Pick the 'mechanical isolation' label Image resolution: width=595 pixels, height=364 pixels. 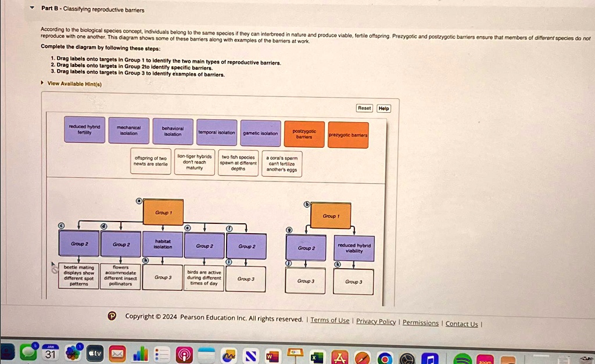pyautogui.click(x=128, y=130)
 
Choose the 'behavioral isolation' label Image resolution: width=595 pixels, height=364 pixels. pyautogui.click(x=172, y=131)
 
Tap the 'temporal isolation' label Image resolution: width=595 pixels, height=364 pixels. pyautogui.click(x=217, y=133)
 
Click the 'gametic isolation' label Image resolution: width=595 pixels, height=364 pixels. pyautogui.click(x=260, y=133)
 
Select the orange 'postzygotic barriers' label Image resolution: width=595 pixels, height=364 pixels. pyautogui.click(x=304, y=134)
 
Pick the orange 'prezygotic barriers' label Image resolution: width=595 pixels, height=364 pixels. pyautogui.click(x=347, y=135)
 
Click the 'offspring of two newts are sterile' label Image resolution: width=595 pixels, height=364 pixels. pyautogui.click(x=150, y=161)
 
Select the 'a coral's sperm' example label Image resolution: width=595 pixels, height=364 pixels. pyautogui.click(x=282, y=163)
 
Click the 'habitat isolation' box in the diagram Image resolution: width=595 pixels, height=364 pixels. pyautogui.click(x=163, y=245)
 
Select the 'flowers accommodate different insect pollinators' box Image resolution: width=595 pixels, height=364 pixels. pyautogui.click(x=120, y=277)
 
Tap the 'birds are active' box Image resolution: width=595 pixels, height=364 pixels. pyautogui.click(x=203, y=279)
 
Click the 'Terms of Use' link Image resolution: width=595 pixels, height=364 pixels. pyautogui.click(x=330, y=320)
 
